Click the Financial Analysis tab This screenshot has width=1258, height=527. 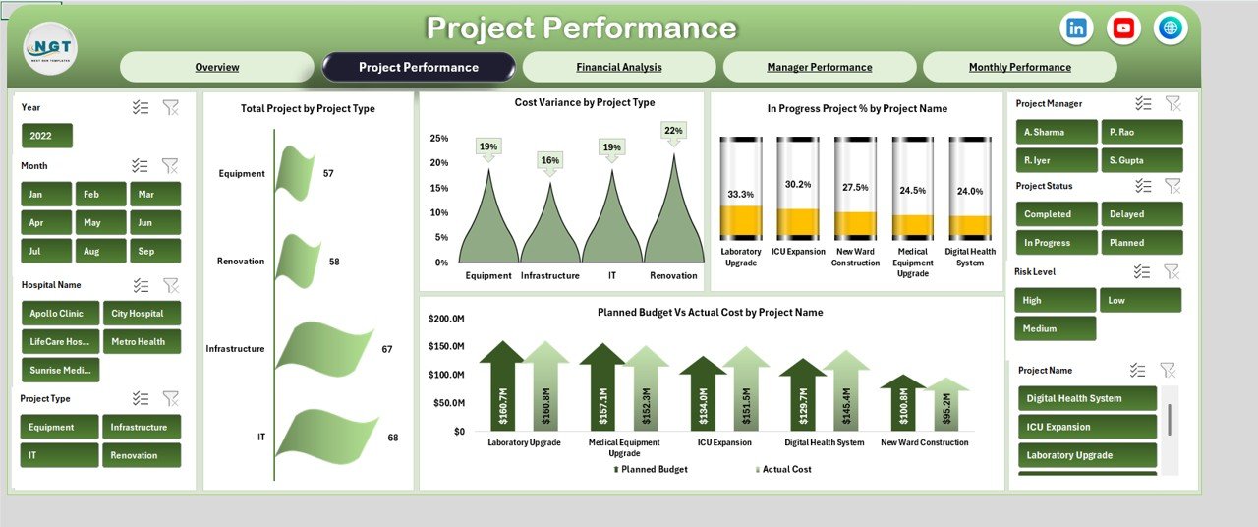[x=618, y=67]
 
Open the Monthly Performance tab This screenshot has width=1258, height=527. [x=1019, y=67]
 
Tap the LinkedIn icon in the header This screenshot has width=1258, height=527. [x=1076, y=29]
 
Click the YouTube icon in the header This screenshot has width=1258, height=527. [x=1123, y=29]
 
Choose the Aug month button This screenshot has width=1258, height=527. [x=91, y=251]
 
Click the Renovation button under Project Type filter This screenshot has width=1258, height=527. [x=142, y=455]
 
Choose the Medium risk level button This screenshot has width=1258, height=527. [x=1055, y=328]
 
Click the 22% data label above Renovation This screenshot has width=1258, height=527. [x=673, y=130]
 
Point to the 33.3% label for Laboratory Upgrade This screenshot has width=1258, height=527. [x=740, y=194]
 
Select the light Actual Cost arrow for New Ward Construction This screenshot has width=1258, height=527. [x=947, y=404]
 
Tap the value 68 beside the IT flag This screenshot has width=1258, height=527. [x=393, y=437]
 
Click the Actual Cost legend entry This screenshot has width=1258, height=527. [x=785, y=470]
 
